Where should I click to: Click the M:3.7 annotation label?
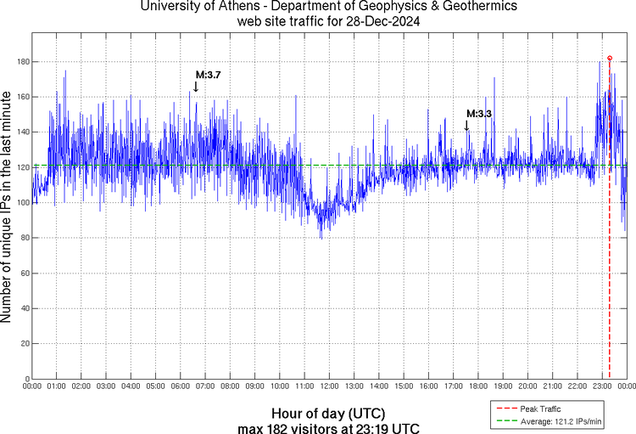[208, 76]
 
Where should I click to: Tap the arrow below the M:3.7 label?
[196, 86]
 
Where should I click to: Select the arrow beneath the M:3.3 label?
[466, 125]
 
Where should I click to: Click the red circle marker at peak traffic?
[610, 58]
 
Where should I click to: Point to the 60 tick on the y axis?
[24, 273]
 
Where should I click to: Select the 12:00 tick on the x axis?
[329, 386]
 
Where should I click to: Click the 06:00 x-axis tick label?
[181, 386]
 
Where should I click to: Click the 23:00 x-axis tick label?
[601, 386]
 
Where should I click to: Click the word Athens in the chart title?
[239, 8]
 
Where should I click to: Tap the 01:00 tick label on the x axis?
[57, 386]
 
